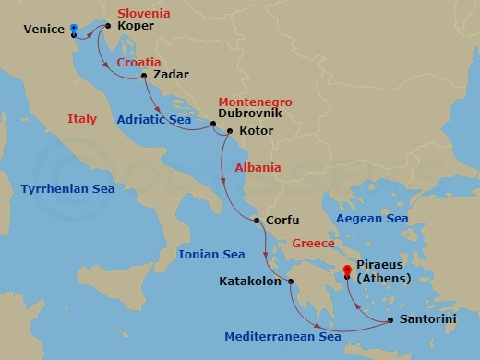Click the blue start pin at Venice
[x=74, y=28]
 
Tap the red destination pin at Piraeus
[x=347, y=271]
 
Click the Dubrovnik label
[x=249, y=114]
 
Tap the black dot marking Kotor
[x=229, y=131]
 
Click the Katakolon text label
[x=250, y=282]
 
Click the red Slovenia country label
[x=145, y=14]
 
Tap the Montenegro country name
[x=254, y=100]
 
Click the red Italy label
[x=82, y=118]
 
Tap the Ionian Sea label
[x=212, y=254]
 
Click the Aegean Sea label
[x=372, y=219]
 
